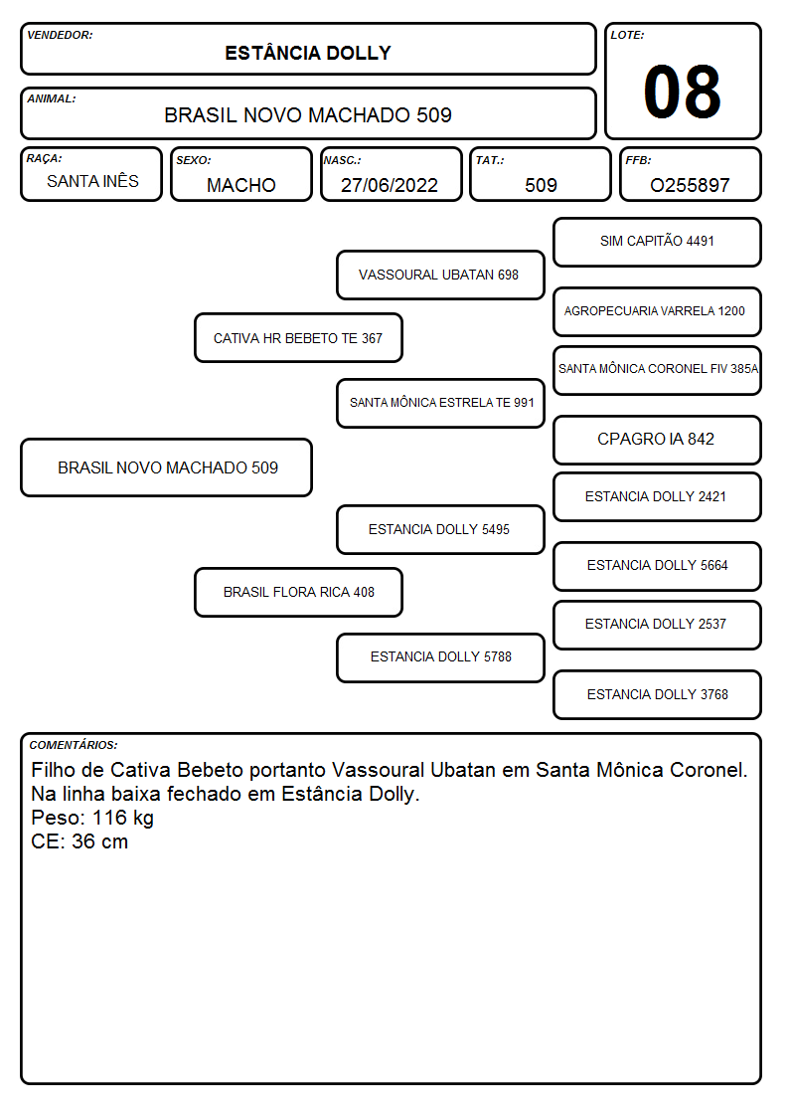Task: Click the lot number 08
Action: (682, 92)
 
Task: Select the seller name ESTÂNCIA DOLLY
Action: (308, 53)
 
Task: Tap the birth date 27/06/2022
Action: (390, 185)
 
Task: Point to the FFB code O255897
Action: (690, 185)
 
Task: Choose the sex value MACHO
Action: (241, 185)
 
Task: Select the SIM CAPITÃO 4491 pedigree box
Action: (657, 243)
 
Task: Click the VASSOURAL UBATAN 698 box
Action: (440, 275)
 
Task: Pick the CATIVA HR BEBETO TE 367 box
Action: (298, 337)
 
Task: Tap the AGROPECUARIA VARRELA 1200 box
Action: (657, 311)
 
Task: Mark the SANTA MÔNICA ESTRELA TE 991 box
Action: (440, 403)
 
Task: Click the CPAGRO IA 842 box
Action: (657, 440)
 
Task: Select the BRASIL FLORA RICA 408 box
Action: (298, 592)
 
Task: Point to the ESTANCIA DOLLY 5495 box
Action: (440, 529)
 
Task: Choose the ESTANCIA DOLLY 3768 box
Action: (657, 694)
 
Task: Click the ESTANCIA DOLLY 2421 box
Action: (657, 496)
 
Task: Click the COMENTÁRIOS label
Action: (74, 745)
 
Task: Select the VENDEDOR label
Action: (60, 35)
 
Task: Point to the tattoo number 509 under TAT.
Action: (541, 185)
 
